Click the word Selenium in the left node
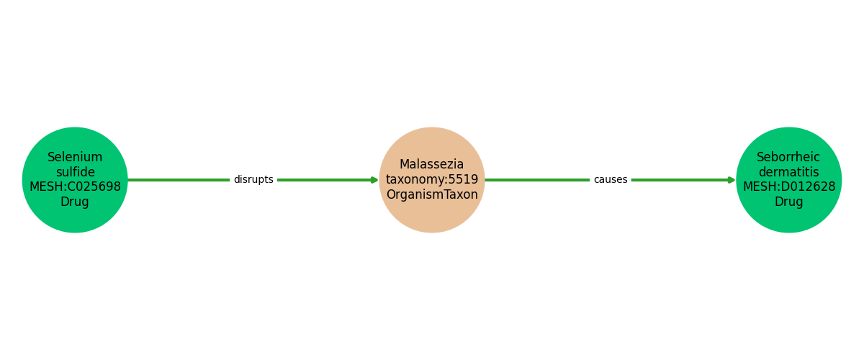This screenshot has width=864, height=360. tap(75, 157)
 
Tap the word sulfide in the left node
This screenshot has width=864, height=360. tap(75, 172)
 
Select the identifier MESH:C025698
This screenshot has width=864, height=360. tap(75, 187)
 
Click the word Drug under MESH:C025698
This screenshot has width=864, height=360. tap(75, 202)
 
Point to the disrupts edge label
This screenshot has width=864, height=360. tap(253, 180)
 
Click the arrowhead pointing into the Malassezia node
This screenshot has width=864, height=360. tap(374, 180)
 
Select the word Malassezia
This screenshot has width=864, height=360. tap(432, 165)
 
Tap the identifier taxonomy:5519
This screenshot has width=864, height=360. tap(432, 180)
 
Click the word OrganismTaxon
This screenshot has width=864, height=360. tap(432, 195)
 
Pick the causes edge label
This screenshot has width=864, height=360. tap(611, 180)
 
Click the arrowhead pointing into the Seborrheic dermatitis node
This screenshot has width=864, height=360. tap(732, 180)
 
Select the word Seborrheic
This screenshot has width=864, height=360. tap(788, 157)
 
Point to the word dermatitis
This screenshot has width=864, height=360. tap(788, 172)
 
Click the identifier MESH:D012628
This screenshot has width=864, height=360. tap(789, 187)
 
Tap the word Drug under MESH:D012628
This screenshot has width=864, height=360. tap(788, 202)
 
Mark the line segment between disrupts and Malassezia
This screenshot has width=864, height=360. tap(324, 180)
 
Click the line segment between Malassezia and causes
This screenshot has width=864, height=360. tap(536, 180)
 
